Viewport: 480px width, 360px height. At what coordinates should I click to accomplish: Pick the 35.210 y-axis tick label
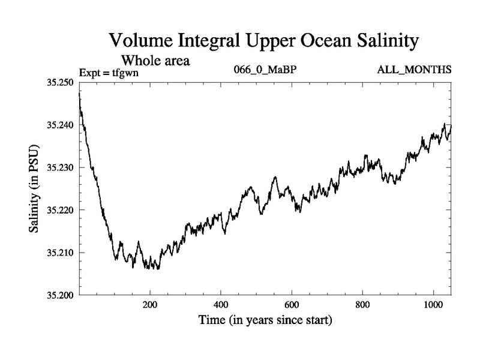coord(59,253)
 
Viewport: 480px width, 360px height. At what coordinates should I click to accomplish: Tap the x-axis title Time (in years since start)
coord(265,320)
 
